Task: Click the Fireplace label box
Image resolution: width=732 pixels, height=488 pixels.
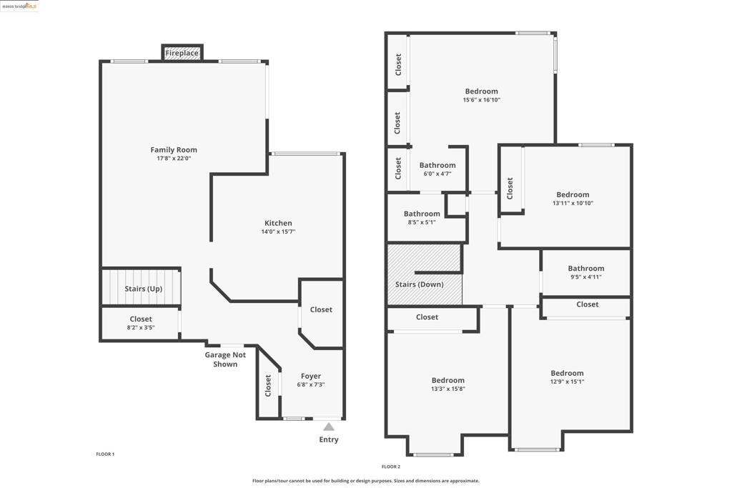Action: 182,53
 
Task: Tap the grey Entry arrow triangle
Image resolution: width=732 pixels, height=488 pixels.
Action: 329,427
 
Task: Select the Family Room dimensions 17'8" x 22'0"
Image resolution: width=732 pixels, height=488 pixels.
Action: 174,158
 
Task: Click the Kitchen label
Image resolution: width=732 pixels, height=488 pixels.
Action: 278,223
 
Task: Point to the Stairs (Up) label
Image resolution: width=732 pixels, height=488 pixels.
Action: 143,289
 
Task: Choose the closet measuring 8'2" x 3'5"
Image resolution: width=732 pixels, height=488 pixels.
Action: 141,323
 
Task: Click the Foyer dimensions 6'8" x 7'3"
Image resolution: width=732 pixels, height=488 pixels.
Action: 310,384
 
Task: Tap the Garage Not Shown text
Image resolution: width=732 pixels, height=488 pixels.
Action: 225,359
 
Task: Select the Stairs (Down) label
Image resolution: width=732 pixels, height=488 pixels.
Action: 419,284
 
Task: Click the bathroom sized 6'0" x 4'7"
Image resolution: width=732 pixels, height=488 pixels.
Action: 437,169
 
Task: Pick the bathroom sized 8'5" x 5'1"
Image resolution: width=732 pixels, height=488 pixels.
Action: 422,217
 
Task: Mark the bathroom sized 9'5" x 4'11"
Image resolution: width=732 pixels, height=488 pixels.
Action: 586,272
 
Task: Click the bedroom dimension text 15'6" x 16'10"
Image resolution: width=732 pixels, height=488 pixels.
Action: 481,100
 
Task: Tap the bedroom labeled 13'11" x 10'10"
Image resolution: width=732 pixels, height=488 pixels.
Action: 573,199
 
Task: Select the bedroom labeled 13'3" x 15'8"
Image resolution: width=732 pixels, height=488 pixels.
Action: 447,384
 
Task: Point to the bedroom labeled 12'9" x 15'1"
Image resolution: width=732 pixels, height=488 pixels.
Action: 567,377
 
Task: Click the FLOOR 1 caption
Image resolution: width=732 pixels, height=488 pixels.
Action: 105,454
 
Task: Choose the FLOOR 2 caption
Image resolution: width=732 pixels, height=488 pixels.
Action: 391,467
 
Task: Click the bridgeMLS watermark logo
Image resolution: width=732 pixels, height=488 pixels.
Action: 19,6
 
